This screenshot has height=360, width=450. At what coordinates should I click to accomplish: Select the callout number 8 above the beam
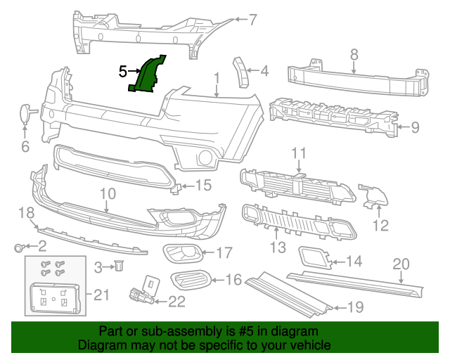click(x=354, y=53)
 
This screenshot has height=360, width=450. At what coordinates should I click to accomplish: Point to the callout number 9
click(x=415, y=127)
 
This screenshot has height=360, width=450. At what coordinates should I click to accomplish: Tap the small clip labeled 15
click(x=179, y=186)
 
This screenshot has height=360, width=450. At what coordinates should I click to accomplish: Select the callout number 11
click(x=300, y=153)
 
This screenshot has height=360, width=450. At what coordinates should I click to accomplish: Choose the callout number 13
click(x=278, y=247)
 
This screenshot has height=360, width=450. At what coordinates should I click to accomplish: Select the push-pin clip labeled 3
click(x=119, y=266)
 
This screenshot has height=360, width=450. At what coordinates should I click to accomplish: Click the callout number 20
click(x=400, y=264)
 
